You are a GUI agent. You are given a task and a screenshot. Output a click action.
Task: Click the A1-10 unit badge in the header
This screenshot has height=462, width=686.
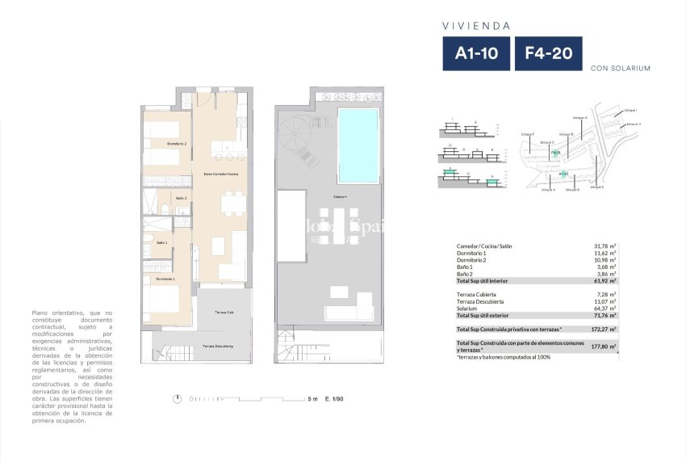coord(476,54)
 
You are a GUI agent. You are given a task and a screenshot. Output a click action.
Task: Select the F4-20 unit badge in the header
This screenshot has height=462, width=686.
coord(548,54)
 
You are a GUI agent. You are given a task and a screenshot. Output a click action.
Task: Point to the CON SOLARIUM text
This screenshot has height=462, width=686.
coord(621,68)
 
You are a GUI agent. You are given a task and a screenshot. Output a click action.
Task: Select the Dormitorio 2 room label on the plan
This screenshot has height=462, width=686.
coord(177,143)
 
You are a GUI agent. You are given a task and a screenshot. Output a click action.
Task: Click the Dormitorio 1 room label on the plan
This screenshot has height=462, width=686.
coord(165,279)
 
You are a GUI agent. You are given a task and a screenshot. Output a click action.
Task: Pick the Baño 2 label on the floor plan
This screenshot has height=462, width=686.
coord(181,198)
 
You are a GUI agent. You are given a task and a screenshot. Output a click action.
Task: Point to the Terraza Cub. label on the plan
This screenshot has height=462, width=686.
coord(224,312)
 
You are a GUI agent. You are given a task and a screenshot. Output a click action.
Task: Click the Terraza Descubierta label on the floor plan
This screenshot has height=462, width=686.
coord(218,346)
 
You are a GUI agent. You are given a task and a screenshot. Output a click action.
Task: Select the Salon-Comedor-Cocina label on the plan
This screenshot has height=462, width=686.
coord(220,174)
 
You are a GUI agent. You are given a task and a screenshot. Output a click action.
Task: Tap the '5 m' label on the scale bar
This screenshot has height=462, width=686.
coord(312,399)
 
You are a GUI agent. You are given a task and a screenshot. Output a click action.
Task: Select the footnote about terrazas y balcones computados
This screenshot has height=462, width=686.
coord(504,357)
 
